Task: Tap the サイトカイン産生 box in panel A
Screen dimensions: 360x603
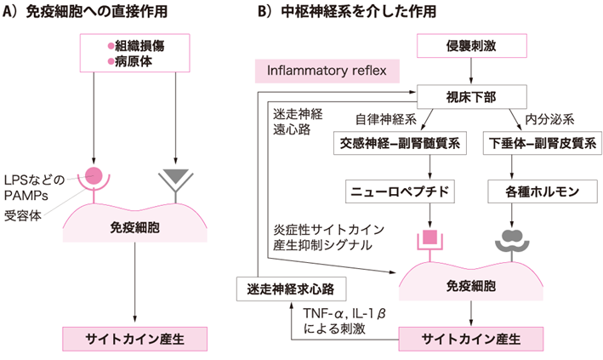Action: (x=136, y=336)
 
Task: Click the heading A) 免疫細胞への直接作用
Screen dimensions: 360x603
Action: (x=100, y=12)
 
